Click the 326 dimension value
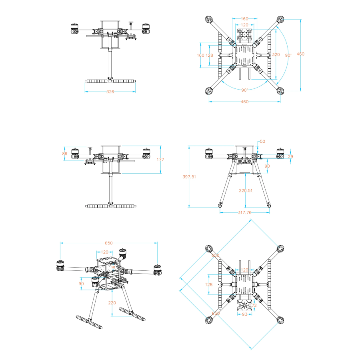pyautogui.click(x=110, y=92)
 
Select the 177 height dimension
pyautogui.click(x=160, y=159)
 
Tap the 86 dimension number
pyautogui.click(x=65, y=154)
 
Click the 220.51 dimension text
pyautogui.click(x=246, y=190)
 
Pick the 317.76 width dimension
pyautogui.click(x=244, y=212)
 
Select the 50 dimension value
pyautogui.click(x=262, y=141)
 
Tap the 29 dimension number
pyautogui.click(x=290, y=156)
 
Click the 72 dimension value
pyautogui.click(x=253, y=305)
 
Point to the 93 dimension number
pyautogui.click(x=244, y=314)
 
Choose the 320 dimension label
pyautogui.click(x=276, y=54)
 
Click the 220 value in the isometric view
pyautogui.click(x=112, y=303)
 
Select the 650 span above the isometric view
pyautogui.click(x=108, y=243)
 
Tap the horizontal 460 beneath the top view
pyautogui.click(x=244, y=102)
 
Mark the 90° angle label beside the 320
pyautogui.click(x=288, y=55)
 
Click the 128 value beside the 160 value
pyautogui.click(x=209, y=55)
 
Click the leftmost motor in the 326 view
pyautogui.click(x=74, y=29)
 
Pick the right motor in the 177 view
pyautogui.click(x=146, y=154)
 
